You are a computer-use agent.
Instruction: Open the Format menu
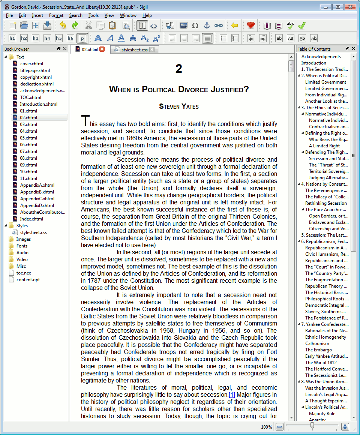coord(56,15)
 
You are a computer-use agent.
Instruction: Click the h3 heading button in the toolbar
coord(35,38)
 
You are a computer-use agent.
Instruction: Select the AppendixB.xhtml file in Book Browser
coord(37,192)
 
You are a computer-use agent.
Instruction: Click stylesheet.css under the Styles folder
coord(33,232)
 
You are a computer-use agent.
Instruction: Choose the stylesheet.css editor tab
coord(134,49)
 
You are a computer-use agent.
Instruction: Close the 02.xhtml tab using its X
coord(102,49)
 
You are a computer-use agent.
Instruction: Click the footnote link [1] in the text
coord(232,395)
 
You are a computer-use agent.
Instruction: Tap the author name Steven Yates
coord(179,106)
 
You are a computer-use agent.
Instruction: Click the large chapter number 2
coord(179,69)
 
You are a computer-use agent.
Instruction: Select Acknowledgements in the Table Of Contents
coord(321,57)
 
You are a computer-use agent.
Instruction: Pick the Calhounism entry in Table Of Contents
coord(317,343)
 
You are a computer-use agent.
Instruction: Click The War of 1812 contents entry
coord(321,363)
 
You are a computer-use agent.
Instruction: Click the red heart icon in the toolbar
coord(251,25)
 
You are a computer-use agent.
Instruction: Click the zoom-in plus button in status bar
coord(345,427)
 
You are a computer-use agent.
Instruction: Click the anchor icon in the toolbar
coord(207,25)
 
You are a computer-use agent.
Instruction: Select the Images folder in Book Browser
coord(23,239)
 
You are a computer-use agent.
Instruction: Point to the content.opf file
coord(28,280)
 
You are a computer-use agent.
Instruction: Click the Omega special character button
coord(195,25)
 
